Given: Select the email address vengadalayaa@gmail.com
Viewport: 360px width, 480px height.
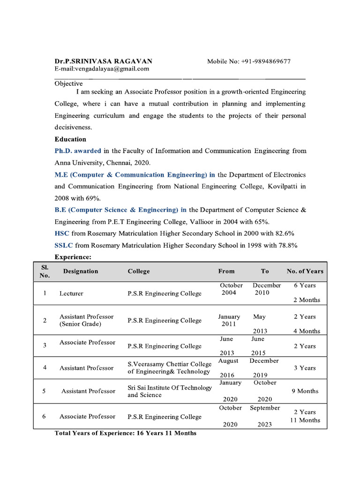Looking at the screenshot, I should click(x=102, y=68).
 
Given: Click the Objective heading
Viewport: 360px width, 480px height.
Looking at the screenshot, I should click(x=68, y=83).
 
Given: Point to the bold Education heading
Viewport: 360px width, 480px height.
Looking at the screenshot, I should click(x=70, y=139).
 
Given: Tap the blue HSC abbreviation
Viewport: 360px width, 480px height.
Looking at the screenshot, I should click(x=62, y=233).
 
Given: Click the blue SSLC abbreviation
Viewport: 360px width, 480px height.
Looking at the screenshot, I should click(x=64, y=245).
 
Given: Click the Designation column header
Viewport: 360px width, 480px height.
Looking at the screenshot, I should click(x=81, y=271).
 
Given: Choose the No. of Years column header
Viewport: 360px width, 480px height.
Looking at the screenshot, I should click(x=305, y=271).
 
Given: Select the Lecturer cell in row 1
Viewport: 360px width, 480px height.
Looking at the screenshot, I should click(x=71, y=293).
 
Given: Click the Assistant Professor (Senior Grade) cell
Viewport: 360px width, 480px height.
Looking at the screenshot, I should click(x=87, y=321).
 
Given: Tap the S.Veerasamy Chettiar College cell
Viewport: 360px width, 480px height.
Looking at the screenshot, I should click(x=169, y=367).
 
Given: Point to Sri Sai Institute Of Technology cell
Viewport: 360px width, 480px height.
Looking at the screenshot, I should click(x=170, y=391).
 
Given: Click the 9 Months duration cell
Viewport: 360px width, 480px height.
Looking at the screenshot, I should click(x=305, y=391).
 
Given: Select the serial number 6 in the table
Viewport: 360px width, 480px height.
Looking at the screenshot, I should click(x=45, y=416).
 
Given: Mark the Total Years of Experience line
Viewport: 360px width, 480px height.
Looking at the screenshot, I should click(x=126, y=433).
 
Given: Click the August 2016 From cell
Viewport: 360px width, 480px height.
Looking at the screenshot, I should click(x=228, y=368).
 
